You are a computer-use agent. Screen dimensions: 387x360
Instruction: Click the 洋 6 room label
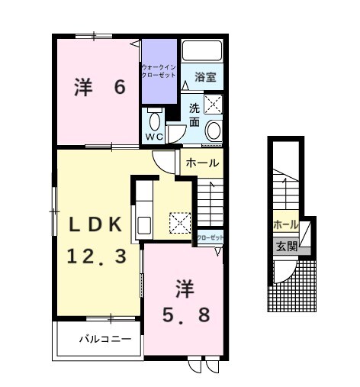coord(99,87)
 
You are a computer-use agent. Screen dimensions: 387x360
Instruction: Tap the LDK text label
coord(96,224)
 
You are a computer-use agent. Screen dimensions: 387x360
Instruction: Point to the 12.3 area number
coord(96,256)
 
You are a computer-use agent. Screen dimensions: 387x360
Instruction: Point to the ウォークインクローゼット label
coord(159,74)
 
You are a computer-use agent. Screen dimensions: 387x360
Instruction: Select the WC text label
coord(155,137)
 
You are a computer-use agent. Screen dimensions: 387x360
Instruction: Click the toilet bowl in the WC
coord(155,121)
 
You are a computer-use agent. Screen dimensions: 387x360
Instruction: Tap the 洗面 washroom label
coord(194,115)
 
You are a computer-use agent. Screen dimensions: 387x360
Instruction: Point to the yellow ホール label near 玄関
coord(284,224)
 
